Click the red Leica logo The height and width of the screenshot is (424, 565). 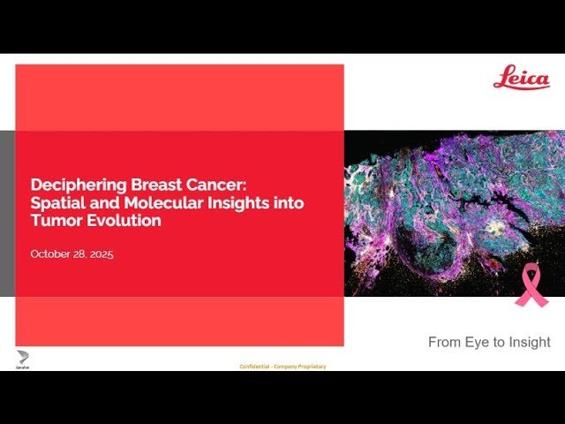coord(521,77)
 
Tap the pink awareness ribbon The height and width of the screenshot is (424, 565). coord(531,284)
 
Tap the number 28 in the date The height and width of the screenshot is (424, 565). coord(80,254)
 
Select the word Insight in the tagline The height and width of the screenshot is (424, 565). coord(527,342)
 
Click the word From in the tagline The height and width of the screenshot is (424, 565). coord(443,342)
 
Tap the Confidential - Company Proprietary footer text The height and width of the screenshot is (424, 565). coord(282,366)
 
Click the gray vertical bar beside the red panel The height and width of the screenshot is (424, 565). coord(7,213)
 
